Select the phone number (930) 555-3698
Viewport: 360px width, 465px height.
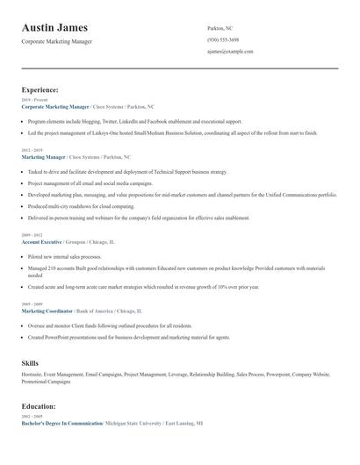click(x=223, y=39)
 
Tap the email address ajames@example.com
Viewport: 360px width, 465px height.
click(x=230, y=52)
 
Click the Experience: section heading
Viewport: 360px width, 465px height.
click(x=40, y=89)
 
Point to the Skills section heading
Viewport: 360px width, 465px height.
click(x=31, y=362)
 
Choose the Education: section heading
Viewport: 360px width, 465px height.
click(x=39, y=406)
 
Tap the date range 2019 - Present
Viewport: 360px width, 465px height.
click(x=32, y=100)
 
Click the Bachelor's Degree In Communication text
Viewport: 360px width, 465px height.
click(x=61, y=423)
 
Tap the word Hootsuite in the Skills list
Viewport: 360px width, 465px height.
click(x=33, y=375)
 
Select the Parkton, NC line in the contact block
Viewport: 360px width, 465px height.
click(x=220, y=28)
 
